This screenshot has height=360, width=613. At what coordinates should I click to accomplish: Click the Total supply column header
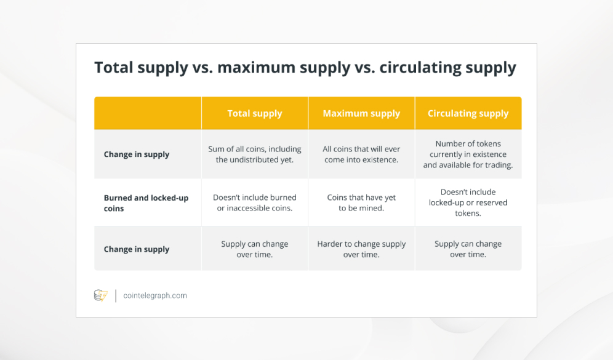click(255, 113)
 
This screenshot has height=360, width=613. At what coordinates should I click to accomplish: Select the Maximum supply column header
click(361, 113)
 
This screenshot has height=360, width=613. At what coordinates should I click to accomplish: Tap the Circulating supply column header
click(468, 113)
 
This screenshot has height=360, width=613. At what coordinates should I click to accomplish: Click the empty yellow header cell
click(148, 113)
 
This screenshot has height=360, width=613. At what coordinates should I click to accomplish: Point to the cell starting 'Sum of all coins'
click(255, 154)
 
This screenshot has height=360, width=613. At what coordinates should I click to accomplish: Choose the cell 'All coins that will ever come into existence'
click(361, 154)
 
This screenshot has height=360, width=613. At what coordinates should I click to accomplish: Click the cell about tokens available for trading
click(468, 154)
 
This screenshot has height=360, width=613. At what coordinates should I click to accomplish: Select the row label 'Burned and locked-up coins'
click(146, 203)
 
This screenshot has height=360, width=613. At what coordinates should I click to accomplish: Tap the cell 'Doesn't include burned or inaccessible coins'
click(255, 203)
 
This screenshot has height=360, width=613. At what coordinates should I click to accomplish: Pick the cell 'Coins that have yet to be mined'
click(361, 203)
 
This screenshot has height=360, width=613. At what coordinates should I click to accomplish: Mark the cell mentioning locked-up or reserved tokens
click(468, 203)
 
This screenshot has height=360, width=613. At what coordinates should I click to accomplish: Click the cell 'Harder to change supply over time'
click(361, 249)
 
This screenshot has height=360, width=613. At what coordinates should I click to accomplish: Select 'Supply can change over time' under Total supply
click(255, 249)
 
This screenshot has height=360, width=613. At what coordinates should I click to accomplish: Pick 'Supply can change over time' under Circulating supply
click(468, 249)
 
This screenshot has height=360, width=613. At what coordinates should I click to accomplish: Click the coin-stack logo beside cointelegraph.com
click(101, 295)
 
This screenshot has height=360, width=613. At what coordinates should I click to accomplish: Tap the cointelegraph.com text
click(155, 295)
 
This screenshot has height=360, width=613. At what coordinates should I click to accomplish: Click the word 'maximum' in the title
click(256, 67)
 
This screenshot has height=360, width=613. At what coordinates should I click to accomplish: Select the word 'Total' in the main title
click(114, 67)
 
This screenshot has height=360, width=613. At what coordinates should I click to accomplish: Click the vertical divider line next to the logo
click(116, 295)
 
